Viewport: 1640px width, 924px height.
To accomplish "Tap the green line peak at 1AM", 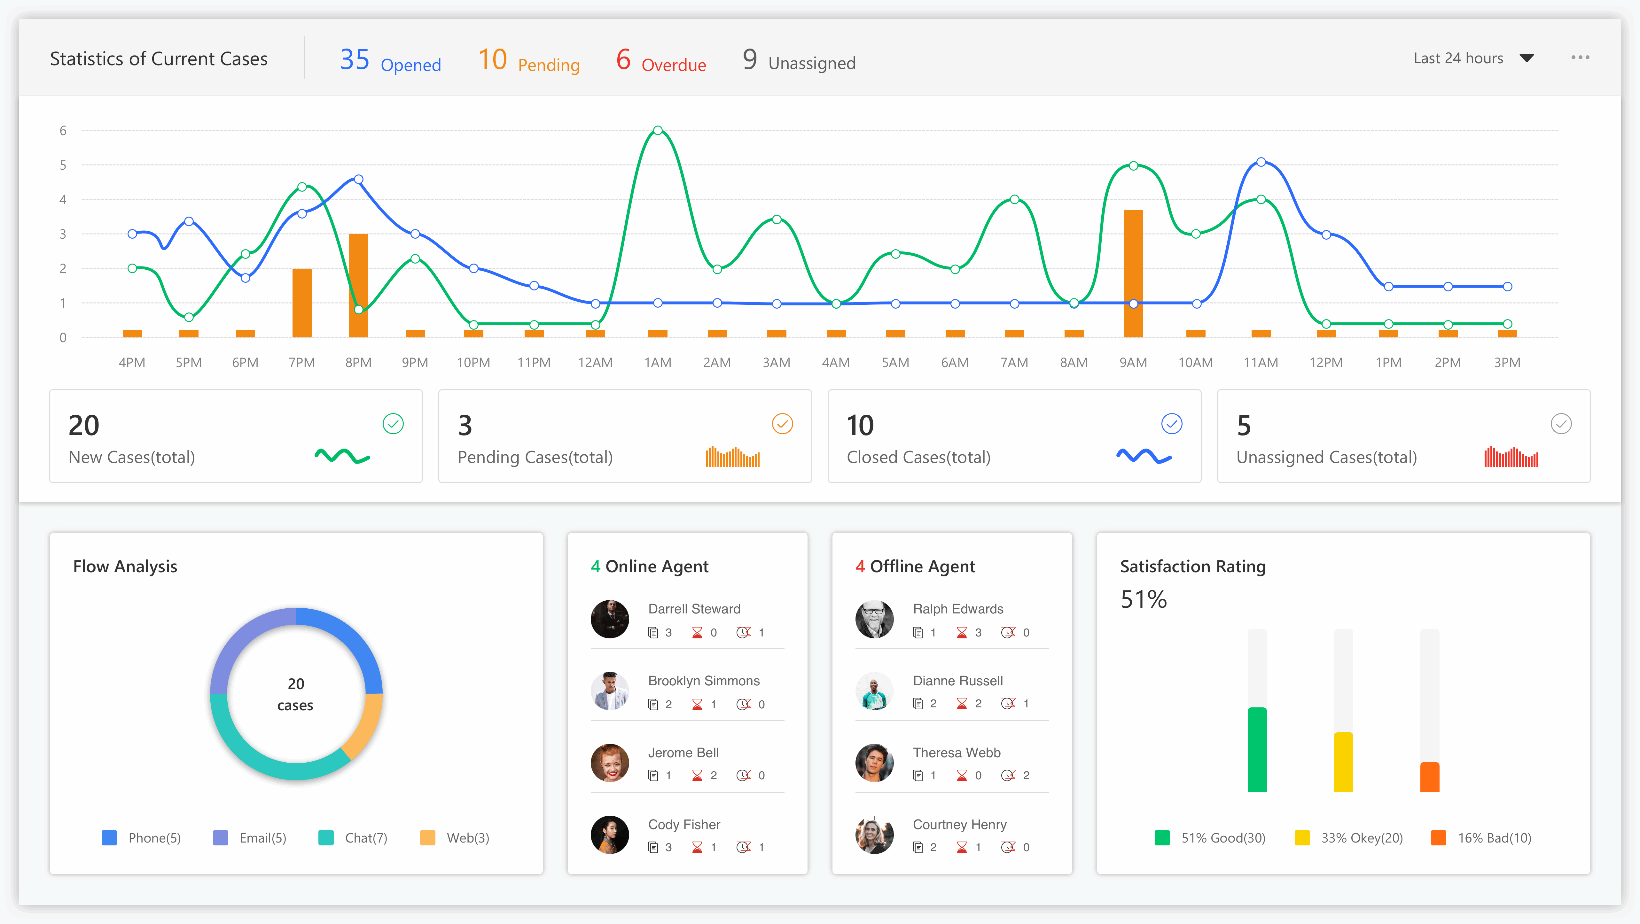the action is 658,130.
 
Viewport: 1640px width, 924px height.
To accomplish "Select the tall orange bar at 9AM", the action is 1133,273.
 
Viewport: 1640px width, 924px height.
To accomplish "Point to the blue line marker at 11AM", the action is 1261,162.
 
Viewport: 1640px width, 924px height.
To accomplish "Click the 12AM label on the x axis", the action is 595,363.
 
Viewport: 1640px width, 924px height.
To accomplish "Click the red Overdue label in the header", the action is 674,65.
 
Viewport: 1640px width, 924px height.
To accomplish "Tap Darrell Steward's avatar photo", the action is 610,619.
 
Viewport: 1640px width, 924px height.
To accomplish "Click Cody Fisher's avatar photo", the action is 610,835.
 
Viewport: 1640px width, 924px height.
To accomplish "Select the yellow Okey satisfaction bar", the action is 1343,762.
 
